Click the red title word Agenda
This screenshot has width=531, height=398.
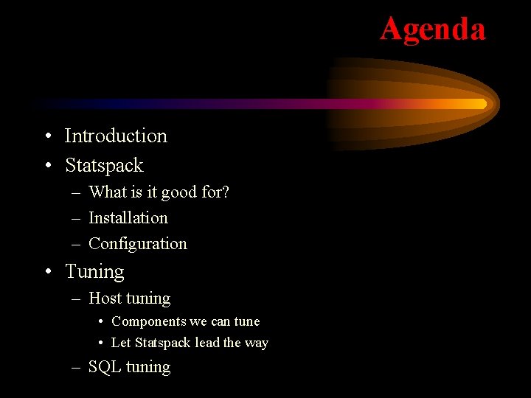click(433, 29)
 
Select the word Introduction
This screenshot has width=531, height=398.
click(116, 136)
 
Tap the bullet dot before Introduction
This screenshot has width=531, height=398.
click(47, 137)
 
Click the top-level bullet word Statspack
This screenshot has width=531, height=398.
click(104, 166)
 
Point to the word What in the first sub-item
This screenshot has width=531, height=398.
click(108, 192)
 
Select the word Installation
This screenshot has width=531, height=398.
click(128, 218)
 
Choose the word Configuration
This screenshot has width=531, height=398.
click(138, 244)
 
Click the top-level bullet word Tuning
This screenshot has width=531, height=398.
click(94, 272)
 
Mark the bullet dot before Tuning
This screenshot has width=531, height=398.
click(47, 272)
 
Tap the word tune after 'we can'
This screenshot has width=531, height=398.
click(246, 322)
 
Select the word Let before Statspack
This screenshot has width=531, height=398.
click(121, 343)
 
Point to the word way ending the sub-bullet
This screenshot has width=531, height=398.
click(256, 343)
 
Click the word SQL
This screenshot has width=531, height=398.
click(105, 367)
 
